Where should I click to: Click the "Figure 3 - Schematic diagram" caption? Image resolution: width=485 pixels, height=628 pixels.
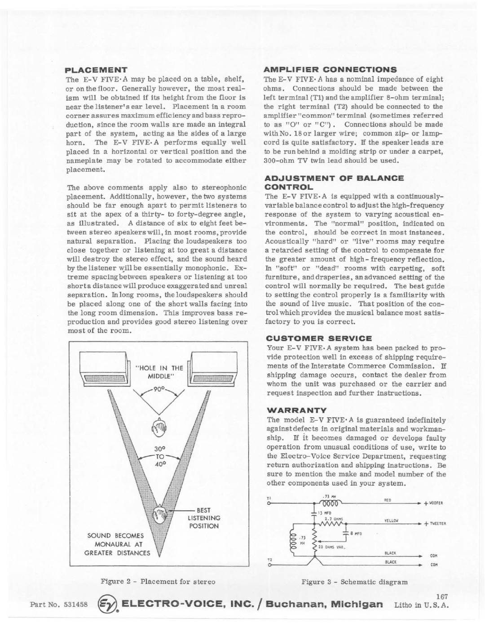tap(354, 582)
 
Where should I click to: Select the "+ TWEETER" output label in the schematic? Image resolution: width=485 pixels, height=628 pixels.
tap(433, 524)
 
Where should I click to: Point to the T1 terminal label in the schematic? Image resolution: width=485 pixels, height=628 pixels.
tap(268, 498)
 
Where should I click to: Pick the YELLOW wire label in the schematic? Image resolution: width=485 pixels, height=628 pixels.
tap(389, 521)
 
